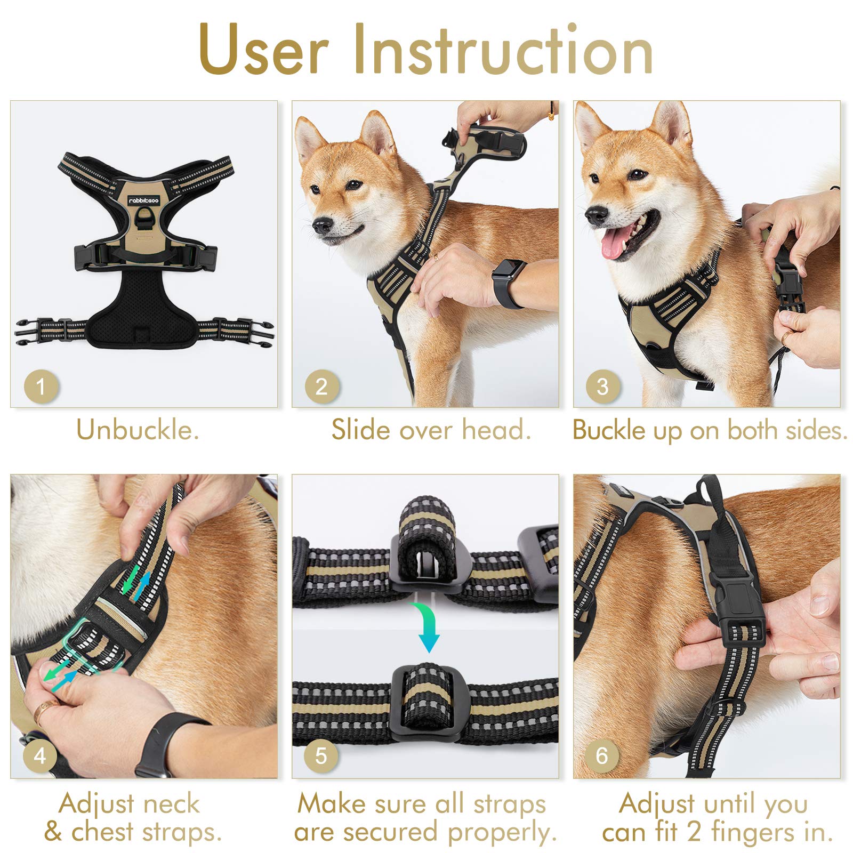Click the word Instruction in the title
click(x=503, y=50)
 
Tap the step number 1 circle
click(x=41, y=387)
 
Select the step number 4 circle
click(x=40, y=755)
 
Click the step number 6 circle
click(x=602, y=755)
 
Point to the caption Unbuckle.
click(x=138, y=430)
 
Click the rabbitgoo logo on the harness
click(x=143, y=200)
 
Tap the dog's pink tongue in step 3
click(x=614, y=246)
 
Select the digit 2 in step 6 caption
click(x=693, y=832)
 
